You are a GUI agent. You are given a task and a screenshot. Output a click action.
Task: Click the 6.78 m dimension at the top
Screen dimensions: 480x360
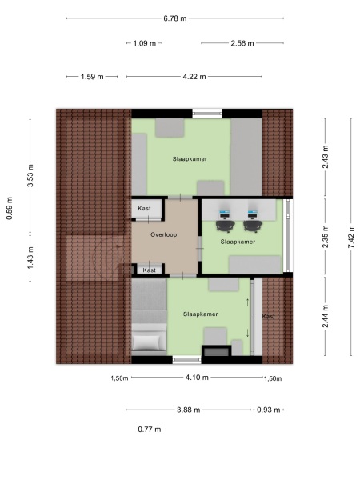(x=174, y=18)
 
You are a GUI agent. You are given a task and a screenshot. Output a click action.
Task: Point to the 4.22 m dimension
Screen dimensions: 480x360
(x=194, y=77)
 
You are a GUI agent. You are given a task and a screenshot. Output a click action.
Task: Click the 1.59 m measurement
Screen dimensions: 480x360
(x=93, y=77)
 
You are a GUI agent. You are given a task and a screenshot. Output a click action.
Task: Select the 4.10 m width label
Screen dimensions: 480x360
(x=197, y=377)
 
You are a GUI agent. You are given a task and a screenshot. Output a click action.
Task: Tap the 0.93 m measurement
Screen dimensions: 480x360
(x=269, y=410)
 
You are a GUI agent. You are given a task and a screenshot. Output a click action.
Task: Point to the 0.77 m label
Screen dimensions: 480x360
(x=150, y=430)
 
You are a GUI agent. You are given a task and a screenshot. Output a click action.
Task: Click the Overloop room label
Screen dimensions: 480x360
(x=163, y=235)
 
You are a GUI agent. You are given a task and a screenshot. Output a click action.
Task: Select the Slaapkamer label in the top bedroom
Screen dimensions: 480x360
(x=190, y=159)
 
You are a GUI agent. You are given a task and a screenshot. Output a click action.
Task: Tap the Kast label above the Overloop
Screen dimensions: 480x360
(x=144, y=208)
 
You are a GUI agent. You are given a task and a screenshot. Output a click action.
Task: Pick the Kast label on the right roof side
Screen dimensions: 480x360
(x=269, y=317)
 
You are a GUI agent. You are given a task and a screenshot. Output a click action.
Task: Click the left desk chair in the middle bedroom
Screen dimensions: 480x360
(x=225, y=214)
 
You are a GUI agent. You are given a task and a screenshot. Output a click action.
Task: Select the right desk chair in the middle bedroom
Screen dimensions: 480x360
(x=254, y=214)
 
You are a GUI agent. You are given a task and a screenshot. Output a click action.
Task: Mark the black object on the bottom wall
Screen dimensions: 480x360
(x=214, y=351)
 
